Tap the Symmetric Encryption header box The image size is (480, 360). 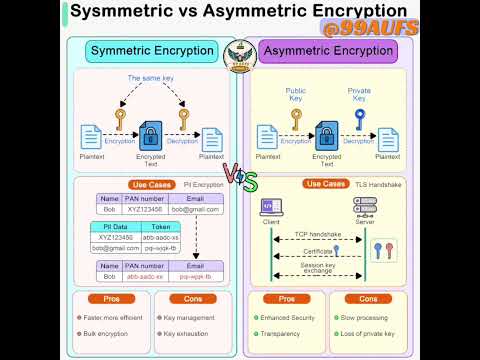(153, 51)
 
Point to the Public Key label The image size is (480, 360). (296, 95)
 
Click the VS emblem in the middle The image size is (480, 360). (240, 181)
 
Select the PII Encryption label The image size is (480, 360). (203, 184)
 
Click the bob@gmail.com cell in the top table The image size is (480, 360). (194, 210)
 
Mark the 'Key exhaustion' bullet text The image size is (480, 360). (187, 333)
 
